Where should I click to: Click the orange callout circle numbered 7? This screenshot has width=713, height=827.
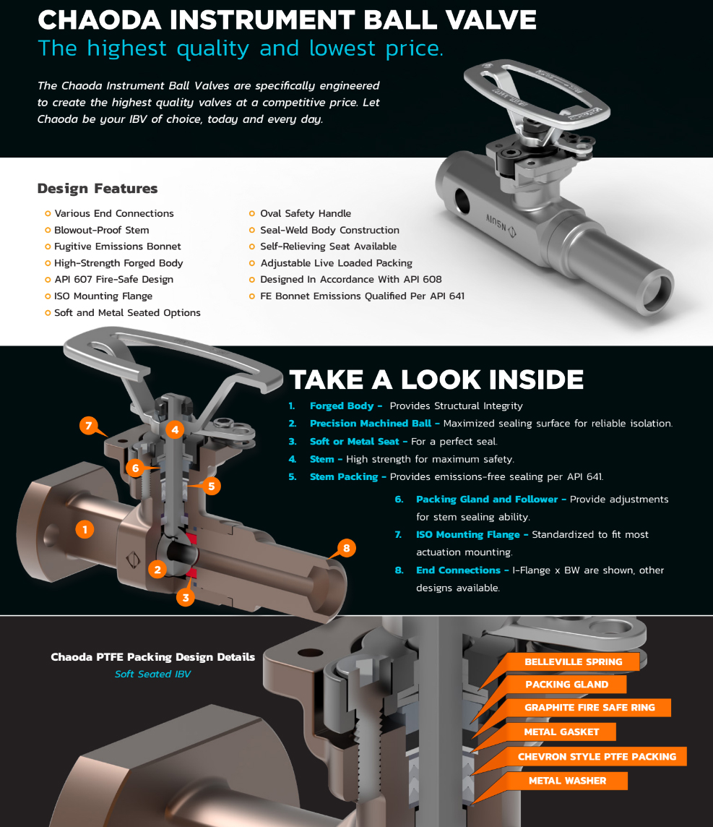89,425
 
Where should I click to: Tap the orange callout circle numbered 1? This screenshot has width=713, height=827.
85,529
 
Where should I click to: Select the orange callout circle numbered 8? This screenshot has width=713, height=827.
346,548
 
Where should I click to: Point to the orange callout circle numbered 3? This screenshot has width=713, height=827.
186,598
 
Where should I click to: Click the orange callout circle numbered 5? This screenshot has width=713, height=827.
212,486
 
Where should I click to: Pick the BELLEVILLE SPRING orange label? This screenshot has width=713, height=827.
573,662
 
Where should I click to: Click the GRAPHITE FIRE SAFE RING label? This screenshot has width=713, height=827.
589,708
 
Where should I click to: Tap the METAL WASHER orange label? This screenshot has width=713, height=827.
567,781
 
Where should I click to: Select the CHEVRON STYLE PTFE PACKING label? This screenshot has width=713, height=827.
597,756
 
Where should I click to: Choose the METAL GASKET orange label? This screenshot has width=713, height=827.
561,732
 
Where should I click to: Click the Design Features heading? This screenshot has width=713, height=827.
98,188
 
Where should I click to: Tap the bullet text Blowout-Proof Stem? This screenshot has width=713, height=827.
102,230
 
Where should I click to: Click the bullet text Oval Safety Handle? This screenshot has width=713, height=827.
306,213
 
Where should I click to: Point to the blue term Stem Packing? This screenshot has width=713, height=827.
344,477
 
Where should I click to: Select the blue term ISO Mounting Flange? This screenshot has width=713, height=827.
468,535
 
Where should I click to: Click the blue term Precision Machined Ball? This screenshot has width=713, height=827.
371,423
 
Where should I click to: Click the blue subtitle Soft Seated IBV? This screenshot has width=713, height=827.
153,674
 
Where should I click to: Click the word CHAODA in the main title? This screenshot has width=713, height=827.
100,20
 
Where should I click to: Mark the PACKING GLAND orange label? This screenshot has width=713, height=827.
566,685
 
